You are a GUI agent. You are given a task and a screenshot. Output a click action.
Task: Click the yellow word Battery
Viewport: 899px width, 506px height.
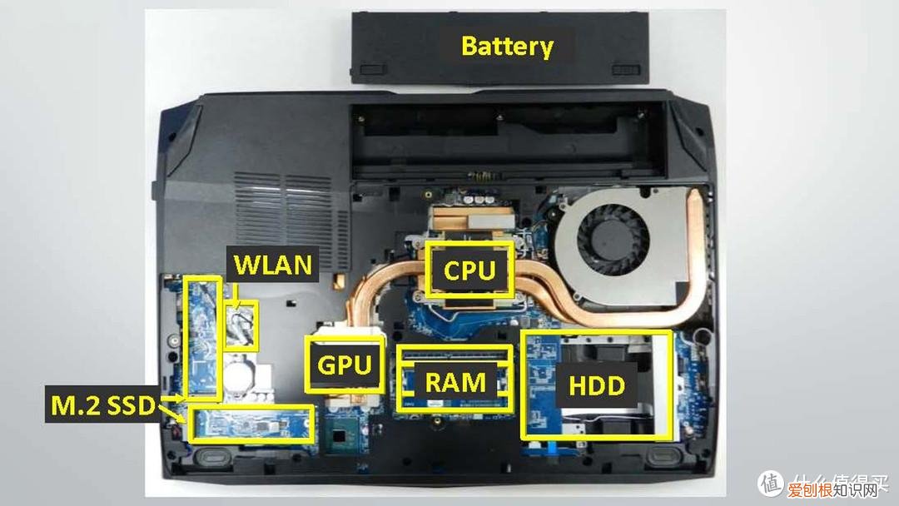[x=506, y=46]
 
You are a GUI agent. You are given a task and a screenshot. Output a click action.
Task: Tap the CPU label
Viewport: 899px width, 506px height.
[x=469, y=270]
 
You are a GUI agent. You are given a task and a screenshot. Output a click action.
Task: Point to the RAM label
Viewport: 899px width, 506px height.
[x=454, y=382]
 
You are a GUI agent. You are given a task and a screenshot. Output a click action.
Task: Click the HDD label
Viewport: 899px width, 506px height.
[x=597, y=384]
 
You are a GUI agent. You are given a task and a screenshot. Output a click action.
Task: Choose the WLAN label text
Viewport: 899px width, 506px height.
[x=272, y=265]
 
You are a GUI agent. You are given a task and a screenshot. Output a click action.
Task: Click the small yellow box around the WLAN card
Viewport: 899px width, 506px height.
[x=241, y=325]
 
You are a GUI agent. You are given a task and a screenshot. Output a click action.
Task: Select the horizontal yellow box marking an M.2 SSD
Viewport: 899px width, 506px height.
[x=252, y=424]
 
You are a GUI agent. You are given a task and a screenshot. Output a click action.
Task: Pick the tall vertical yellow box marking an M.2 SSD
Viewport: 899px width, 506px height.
[x=202, y=336]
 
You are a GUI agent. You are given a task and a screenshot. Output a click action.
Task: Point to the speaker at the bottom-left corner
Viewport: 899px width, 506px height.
[x=215, y=457]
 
